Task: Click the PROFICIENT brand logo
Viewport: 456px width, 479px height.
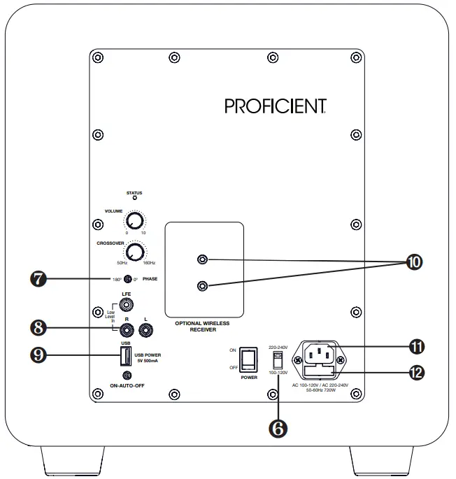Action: pos(276,106)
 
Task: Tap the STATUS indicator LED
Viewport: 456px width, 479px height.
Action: pos(134,199)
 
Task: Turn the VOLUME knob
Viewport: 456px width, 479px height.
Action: pos(131,221)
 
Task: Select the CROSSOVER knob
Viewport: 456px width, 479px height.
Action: pos(136,252)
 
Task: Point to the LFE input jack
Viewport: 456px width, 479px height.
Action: pos(127,305)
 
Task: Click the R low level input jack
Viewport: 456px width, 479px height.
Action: pos(127,326)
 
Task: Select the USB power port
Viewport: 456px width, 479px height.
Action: pos(124,357)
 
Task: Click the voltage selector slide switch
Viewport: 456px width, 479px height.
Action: pos(278,359)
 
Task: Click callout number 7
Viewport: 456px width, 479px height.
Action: pos(39,279)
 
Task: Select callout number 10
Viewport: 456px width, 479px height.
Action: pos(414,262)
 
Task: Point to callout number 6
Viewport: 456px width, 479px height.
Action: pos(278,429)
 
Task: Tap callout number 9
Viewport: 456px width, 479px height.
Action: pos(39,355)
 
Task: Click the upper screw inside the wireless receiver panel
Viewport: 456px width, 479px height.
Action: pos(203,261)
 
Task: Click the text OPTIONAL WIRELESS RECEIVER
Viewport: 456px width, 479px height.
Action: pos(202,328)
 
